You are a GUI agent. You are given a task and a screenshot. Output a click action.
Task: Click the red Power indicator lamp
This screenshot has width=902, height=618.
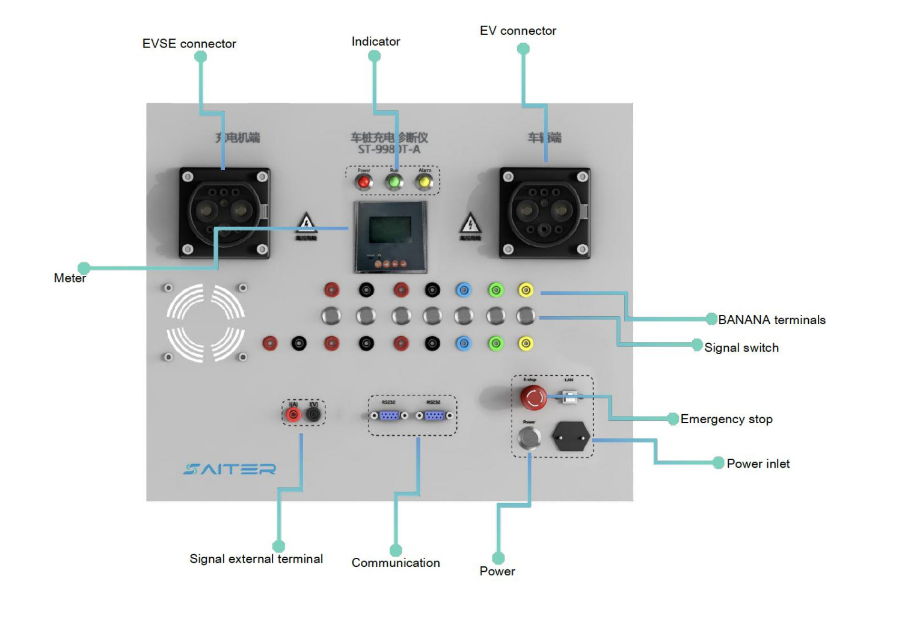(x=363, y=182)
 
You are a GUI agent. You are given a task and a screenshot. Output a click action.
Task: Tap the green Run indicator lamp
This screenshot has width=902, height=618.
(x=394, y=182)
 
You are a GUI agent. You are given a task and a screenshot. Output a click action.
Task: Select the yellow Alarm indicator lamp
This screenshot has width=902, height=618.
(x=425, y=182)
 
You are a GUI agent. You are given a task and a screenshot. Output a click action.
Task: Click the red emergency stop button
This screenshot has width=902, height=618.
(x=533, y=397)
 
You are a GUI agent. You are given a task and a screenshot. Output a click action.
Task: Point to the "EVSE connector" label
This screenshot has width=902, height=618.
(x=189, y=44)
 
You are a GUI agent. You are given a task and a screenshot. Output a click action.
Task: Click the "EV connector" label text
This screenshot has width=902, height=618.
(x=518, y=31)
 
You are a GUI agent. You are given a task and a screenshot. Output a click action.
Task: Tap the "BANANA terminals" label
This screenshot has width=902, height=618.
(x=772, y=320)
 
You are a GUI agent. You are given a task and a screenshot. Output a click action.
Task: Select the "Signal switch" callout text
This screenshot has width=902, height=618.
(x=741, y=347)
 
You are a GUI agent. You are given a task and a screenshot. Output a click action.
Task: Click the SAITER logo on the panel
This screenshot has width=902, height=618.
(x=230, y=469)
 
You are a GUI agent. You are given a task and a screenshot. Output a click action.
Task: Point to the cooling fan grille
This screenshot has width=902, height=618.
(x=206, y=323)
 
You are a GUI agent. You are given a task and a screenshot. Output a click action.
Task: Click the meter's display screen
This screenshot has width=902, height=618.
(x=390, y=230)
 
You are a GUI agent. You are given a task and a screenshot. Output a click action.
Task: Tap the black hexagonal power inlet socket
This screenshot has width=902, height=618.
(x=570, y=436)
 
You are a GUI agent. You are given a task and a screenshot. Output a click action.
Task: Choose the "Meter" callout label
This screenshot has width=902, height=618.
(x=70, y=278)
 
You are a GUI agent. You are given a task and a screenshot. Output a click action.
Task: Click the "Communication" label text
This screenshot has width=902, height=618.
(x=396, y=563)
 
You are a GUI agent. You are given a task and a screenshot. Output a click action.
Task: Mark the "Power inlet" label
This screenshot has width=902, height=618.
(x=758, y=463)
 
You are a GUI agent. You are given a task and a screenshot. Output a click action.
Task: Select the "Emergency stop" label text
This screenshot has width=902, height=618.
(x=726, y=419)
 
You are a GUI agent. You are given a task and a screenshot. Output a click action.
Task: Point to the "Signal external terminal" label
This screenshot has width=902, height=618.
(x=256, y=559)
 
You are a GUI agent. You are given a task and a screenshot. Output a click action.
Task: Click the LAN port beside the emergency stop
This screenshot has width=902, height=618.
(x=569, y=397)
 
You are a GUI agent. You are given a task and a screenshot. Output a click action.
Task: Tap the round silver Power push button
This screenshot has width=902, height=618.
(x=529, y=438)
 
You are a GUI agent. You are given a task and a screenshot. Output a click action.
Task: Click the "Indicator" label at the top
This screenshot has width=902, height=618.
(x=376, y=41)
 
